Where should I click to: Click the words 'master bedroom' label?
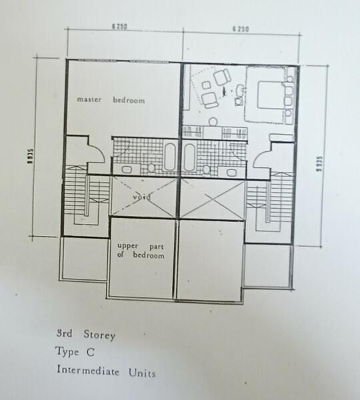point(111,100)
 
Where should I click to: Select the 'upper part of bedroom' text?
point(137,250)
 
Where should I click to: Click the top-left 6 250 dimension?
point(119,27)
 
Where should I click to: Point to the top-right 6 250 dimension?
point(241,28)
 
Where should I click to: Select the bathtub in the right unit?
point(189,158)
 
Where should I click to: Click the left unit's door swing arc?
point(94,153)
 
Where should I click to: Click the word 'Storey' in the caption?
point(97,335)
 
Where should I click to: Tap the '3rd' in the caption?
point(65,334)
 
